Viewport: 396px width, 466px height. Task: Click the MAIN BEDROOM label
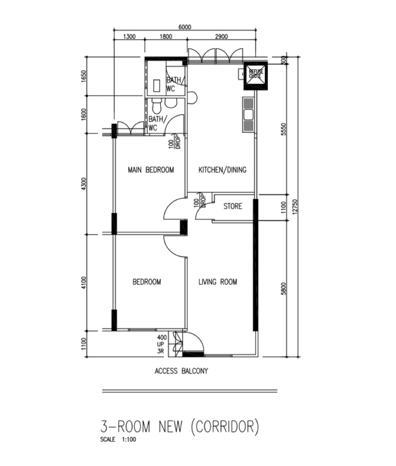pos(150,169)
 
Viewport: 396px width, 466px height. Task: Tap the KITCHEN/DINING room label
pos(222,169)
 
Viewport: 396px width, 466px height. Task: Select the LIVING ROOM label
pos(218,282)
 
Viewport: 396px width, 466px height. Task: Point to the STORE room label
pos(233,206)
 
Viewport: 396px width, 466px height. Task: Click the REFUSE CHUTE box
pos(256,76)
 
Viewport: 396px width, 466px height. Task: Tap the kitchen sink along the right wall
pos(248,115)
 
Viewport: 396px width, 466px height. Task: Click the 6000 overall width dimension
pos(185,27)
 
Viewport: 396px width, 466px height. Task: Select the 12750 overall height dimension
pos(295,206)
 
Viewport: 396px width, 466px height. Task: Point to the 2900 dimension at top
pos(221,37)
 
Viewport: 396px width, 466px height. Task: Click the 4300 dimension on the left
pos(84,184)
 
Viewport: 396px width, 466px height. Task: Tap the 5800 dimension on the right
pos(283,288)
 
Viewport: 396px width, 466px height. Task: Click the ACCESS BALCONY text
pos(181,371)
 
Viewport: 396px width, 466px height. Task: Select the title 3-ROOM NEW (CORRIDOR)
pos(180,427)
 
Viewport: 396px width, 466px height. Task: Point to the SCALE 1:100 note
pos(118,439)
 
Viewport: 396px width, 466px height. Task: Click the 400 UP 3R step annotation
pos(162,344)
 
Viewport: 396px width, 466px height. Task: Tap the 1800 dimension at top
pos(166,37)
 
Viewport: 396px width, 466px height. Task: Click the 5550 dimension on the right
pos(283,129)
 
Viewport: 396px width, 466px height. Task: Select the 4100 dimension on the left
pos(84,283)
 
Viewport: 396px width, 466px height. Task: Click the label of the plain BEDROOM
pos(147,282)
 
